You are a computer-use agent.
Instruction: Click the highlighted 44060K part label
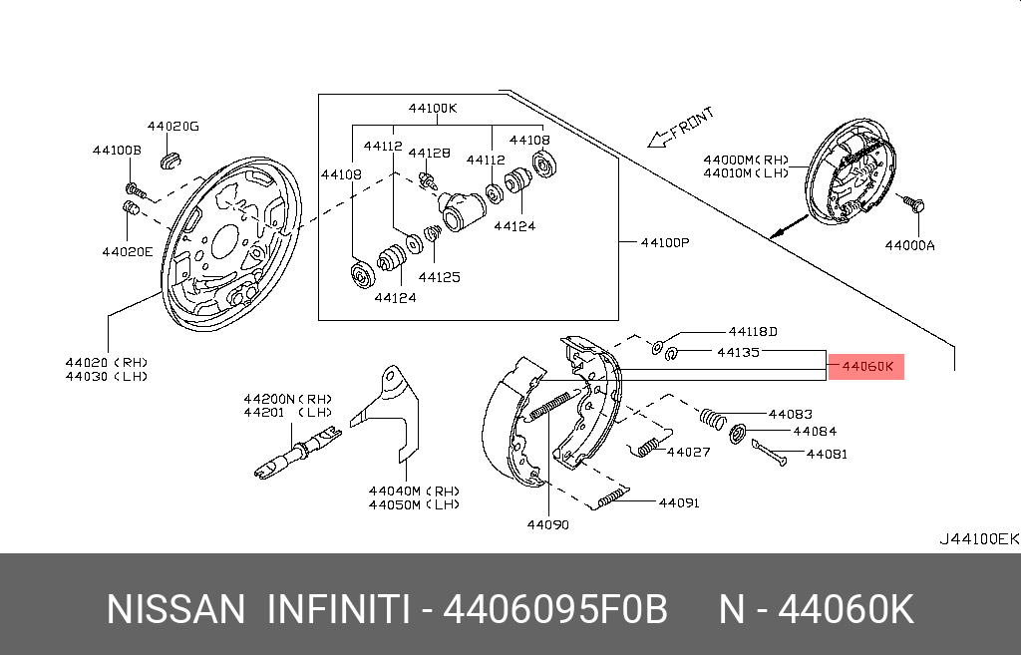point(866,367)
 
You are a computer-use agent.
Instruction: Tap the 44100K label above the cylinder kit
point(433,108)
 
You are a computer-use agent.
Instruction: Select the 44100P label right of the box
point(665,243)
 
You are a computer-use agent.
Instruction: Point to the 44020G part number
point(172,127)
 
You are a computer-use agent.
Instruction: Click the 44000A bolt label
point(909,245)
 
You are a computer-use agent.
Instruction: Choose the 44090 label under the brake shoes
point(547,524)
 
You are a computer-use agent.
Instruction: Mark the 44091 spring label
point(679,502)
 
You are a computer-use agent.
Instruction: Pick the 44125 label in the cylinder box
point(439,277)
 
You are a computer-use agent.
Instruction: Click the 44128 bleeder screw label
point(429,153)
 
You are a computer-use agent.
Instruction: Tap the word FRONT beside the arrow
point(692,123)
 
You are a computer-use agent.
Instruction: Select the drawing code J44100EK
point(979,539)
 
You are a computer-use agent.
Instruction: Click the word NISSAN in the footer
point(175,610)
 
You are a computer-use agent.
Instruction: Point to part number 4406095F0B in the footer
point(555,610)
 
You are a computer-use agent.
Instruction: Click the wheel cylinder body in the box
point(462,210)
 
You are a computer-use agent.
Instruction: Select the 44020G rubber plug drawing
point(170,161)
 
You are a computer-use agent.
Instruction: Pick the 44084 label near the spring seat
point(815,431)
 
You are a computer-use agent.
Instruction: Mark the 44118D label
point(753,332)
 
